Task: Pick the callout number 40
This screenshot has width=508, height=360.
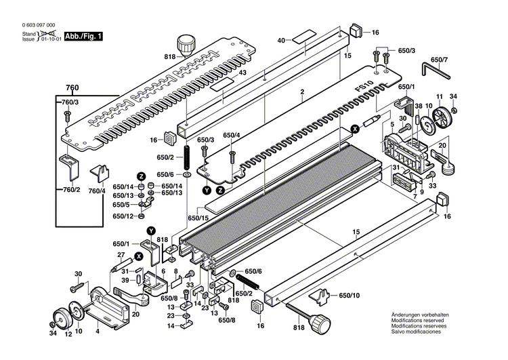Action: pyautogui.click(x=280, y=41)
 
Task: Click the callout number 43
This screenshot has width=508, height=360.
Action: pyautogui.click(x=242, y=73)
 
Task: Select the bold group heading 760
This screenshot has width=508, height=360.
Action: pyautogui.click(x=72, y=88)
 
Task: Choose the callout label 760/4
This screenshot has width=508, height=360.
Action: pyautogui.click(x=98, y=191)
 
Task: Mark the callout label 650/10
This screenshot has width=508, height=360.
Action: pyautogui.click(x=350, y=296)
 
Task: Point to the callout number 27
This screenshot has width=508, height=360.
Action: pyautogui.click(x=122, y=254)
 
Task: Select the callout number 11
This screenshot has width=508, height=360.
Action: pyautogui.click(x=439, y=96)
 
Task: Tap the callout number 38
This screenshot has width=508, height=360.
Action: pyautogui.click(x=419, y=106)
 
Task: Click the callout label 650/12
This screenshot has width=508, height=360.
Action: pyautogui.click(x=123, y=216)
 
